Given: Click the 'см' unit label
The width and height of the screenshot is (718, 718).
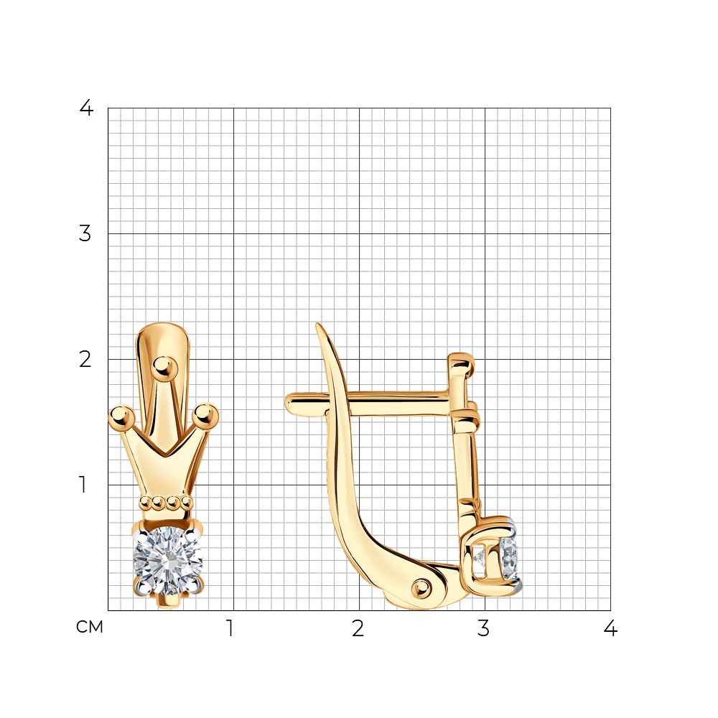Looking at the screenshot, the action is [89, 627].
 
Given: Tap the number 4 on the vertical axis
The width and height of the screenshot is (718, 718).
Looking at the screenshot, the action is [86, 108].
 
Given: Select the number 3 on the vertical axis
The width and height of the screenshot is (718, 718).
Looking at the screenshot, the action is [85, 233].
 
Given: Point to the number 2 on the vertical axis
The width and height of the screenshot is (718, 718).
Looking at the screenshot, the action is [85, 360].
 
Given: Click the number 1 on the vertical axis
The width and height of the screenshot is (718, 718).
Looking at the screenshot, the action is [83, 485].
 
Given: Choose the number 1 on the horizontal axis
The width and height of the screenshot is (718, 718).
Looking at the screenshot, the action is [230, 628].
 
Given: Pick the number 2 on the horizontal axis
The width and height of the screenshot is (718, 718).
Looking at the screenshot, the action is [358, 628].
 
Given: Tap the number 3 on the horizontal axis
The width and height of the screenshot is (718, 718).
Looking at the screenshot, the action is [483, 628].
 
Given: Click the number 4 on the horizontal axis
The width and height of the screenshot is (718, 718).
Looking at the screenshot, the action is [610, 628].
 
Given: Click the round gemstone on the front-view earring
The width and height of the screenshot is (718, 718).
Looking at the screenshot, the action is [167, 561].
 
